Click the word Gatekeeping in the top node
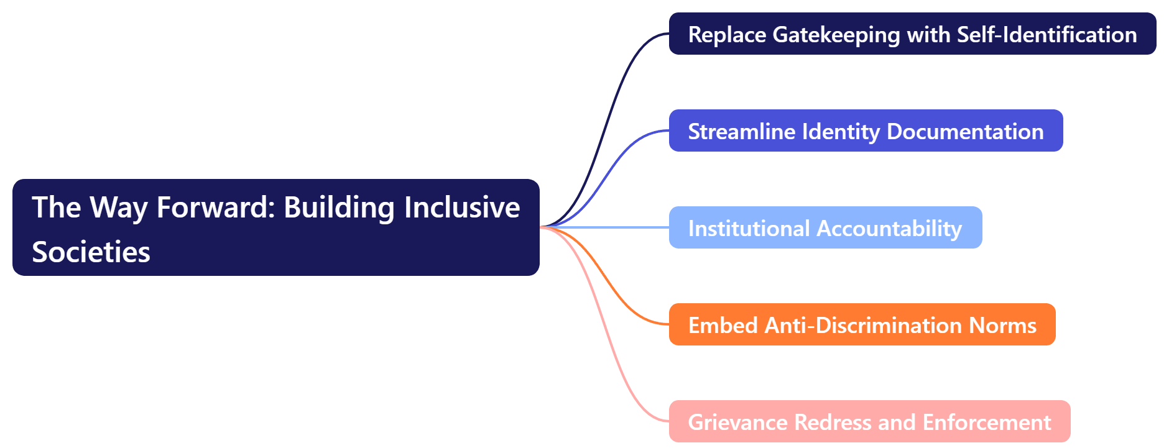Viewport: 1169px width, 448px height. [x=836, y=35]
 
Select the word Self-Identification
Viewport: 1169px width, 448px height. [x=1047, y=35]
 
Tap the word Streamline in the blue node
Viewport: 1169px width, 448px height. [x=741, y=132]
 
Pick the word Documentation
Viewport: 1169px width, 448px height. [x=964, y=132]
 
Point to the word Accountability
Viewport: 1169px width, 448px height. [x=889, y=229]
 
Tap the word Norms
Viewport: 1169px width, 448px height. [x=1002, y=326]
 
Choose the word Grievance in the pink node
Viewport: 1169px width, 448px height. [x=737, y=423]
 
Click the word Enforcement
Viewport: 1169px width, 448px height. [x=987, y=423]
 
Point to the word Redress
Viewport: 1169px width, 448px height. [x=833, y=423]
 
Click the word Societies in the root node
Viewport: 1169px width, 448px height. [x=91, y=252]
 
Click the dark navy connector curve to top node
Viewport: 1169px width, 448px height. [x=612, y=112]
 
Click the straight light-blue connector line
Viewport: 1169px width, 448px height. [x=609, y=227]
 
